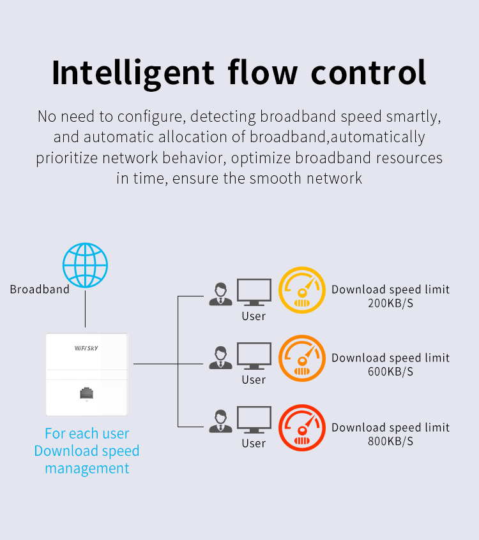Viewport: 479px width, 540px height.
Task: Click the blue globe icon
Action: tap(85, 265)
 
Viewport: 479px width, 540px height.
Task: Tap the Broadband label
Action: tap(40, 289)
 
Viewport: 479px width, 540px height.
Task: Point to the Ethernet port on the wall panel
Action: tap(87, 393)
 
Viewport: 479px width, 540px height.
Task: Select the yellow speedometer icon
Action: tap(301, 290)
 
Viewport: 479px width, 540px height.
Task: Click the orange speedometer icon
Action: tap(301, 359)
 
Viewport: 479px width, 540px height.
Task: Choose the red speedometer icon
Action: tap(301, 428)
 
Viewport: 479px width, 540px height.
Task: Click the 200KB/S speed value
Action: tap(390, 303)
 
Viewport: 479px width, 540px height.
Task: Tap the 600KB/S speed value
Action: tap(390, 372)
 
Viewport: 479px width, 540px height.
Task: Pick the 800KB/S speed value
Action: tap(390, 441)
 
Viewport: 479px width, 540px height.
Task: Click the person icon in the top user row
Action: tap(221, 293)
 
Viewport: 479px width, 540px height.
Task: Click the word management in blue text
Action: tap(87, 469)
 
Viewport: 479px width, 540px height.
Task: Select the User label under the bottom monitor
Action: tap(254, 443)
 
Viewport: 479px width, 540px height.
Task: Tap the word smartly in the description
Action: tap(415, 117)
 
